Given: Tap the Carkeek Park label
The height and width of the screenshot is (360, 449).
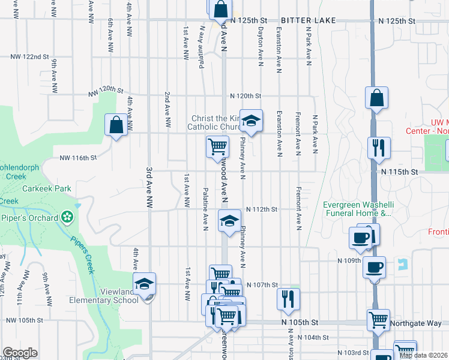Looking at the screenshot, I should (x=46, y=188).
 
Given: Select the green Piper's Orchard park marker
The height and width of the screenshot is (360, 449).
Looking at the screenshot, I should (x=67, y=217).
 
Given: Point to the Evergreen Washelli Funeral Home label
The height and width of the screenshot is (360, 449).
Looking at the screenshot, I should (x=357, y=208).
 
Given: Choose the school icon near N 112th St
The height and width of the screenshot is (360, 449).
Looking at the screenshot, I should (x=228, y=220).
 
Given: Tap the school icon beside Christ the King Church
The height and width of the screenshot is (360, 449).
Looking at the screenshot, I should (x=252, y=120).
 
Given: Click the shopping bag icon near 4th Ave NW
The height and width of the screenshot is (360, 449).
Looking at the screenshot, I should (x=116, y=125).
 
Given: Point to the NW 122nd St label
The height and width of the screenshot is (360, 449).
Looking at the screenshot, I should (x=29, y=57).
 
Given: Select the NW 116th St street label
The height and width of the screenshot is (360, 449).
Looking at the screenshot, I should (x=77, y=158).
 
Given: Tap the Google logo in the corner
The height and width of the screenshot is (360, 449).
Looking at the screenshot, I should (x=19, y=353).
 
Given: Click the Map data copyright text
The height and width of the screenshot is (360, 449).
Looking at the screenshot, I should (x=423, y=355).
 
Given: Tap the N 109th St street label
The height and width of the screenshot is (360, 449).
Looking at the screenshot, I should (x=349, y=261).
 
